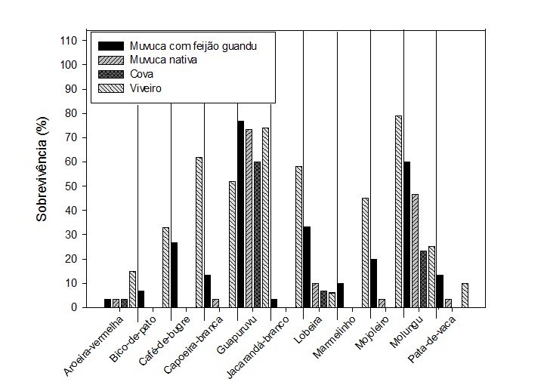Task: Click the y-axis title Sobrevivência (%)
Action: tap(44, 173)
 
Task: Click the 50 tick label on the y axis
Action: tap(70, 186)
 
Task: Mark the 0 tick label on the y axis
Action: tap(73, 307)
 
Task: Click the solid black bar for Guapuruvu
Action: tap(241, 214)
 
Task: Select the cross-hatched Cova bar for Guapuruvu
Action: tap(257, 234)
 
